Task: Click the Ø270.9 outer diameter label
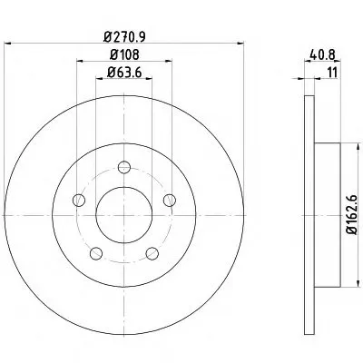[x=124, y=37]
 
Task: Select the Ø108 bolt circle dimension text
[x=124, y=54]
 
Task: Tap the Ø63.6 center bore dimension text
[x=124, y=73]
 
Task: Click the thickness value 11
[x=332, y=73]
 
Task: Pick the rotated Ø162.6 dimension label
[x=352, y=215]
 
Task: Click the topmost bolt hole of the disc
[x=124, y=167]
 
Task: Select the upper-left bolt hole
[x=79, y=200]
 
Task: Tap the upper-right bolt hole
[x=170, y=200]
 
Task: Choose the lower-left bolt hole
[x=96, y=253]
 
